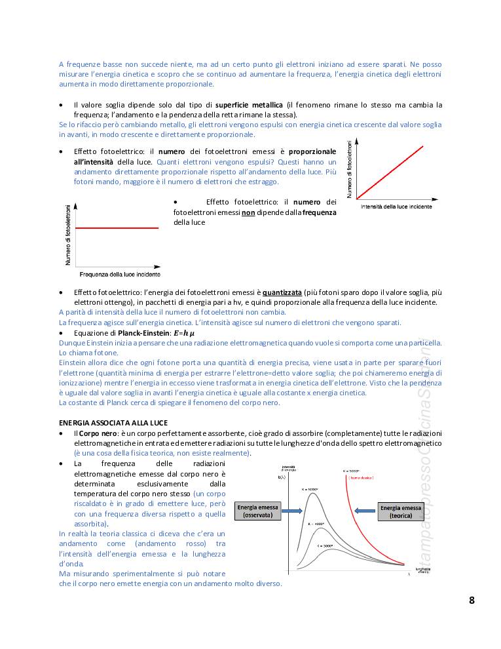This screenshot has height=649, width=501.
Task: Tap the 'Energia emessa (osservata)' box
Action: pyautogui.click(x=257, y=511)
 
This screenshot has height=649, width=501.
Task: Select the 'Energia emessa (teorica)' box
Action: pyautogui.click(x=400, y=511)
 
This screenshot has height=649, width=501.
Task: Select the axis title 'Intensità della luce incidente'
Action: pyautogui.click(x=396, y=206)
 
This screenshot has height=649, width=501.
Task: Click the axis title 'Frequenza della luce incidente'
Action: pyautogui.click(x=119, y=274)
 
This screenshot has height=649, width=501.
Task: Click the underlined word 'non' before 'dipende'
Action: pyautogui.click(x=248, y=212)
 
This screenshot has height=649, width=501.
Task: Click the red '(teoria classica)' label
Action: pyautogui.click(x=361, y=478)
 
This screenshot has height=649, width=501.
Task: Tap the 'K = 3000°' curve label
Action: pyautogui.click(x=325, y=545)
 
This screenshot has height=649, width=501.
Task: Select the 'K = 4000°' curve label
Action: pyautogui.click(x=318, y=524)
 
